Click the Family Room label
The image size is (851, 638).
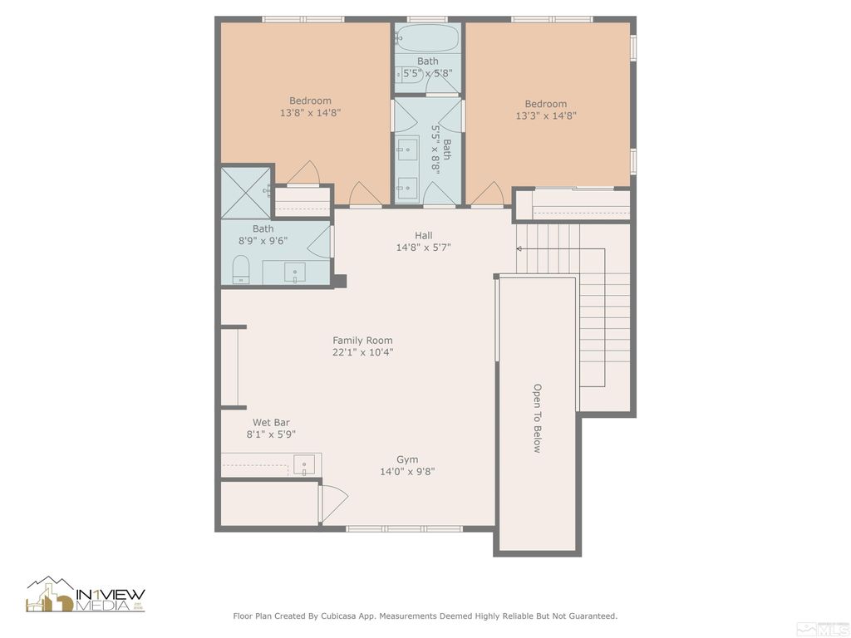[x=362, y=340]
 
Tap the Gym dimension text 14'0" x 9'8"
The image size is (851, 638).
[x=407, y=472]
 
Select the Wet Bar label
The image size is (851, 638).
[x=271, y=422]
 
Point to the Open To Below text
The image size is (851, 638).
[x=537, y=418]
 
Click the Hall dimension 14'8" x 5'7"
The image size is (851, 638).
[x=423, y=248]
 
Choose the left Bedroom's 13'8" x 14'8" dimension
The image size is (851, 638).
[x=311, y=113]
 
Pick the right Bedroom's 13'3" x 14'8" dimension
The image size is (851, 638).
[x=546, y=115]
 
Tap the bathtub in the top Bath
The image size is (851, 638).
[x=428, y=38]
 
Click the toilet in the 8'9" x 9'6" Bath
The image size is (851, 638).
[x=240, y=269]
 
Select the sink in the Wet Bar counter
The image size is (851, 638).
[x=304, y=465]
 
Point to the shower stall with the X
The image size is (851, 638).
[x=245, y=193]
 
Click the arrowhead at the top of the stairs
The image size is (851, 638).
[x=519, y=249]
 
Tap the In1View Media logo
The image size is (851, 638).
[x=86, y=594]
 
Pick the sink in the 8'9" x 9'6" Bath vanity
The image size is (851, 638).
[x=295, y=272]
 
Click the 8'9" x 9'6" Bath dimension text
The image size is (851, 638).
[x=263, y=241]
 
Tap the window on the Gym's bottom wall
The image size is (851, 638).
[x=405, y=528]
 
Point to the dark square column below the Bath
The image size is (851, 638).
[x=340, y=281]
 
